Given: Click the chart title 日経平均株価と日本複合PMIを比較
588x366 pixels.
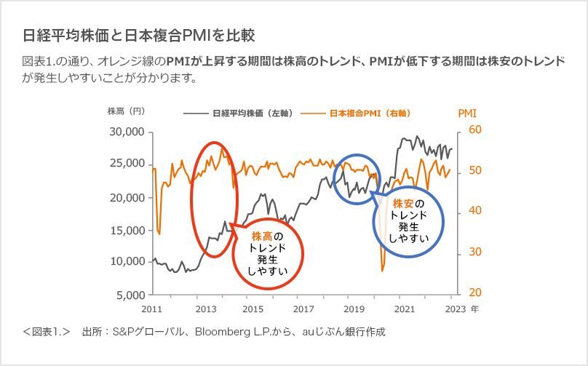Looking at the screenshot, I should (x=138, y=35).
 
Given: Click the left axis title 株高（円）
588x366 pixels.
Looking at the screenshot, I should (x=127, y=111).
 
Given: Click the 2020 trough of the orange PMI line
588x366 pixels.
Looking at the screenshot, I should (x=382, y=271).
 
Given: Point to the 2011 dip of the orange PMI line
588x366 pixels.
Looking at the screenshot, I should (x=159, y=233).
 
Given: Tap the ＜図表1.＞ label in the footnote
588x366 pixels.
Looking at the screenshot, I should (x=47, y=332).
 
